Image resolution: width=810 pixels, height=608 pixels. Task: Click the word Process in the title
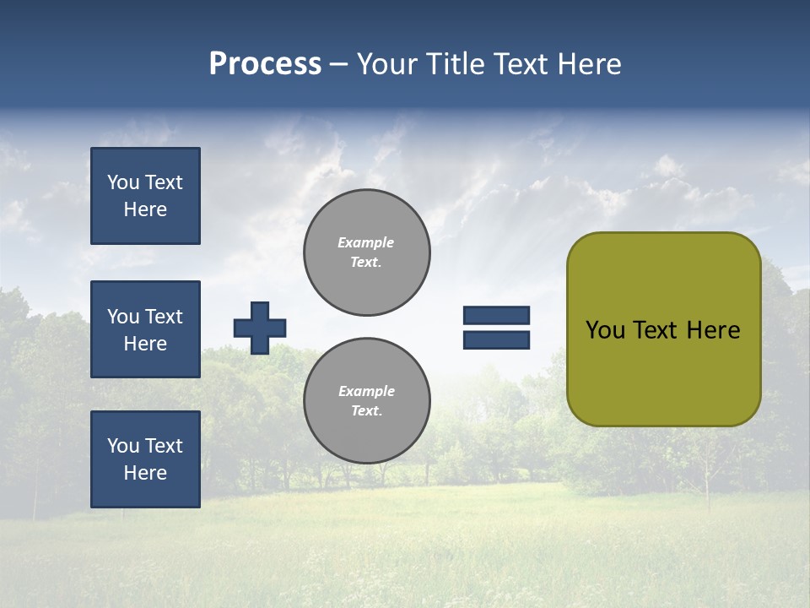coord(265,64)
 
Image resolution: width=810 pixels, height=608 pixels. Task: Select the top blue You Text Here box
coord(145,196)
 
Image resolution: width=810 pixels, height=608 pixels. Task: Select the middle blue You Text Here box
coord(145,329)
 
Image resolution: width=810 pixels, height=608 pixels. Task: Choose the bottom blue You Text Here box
coord(145,459)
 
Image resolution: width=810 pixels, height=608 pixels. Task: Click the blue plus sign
coord(260,328)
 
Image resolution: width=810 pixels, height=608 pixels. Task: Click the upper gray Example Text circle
coord(367,252)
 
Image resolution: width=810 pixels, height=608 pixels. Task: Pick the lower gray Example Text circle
coord(367,400)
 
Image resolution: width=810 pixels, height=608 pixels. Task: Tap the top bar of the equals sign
coord(496,315)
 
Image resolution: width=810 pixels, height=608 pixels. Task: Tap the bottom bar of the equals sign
coord(496,340)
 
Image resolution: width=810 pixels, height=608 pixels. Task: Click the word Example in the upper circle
coord(366,242)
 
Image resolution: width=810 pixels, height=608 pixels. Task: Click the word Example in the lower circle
coord(366,391)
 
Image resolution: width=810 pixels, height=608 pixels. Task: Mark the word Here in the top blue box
coord(145,209)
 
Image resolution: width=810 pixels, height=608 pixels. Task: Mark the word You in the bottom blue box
coord(123,446)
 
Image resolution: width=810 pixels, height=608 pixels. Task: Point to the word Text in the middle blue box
coord(163,317)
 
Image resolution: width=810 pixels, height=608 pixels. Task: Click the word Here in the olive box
coord(713,330)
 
